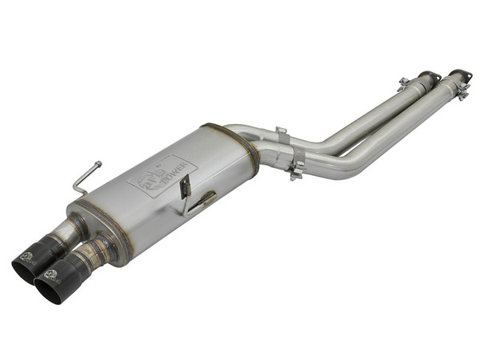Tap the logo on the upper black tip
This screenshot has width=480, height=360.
pyautogui.click(x=26, y=257)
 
